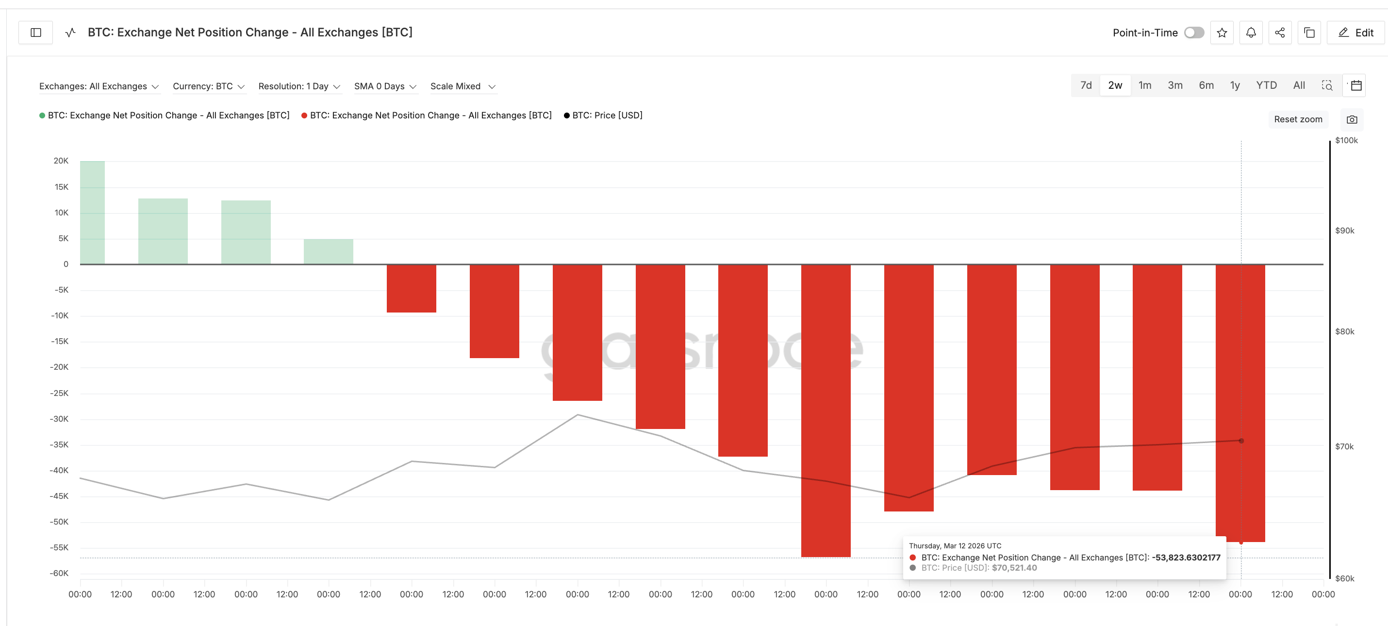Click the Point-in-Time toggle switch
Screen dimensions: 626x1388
point(1194,33)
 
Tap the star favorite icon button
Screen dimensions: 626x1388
point(1222,33)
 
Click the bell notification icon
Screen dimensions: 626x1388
point(1251,33)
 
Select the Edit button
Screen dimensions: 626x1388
point(1355,33)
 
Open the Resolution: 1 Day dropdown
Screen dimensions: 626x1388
point(299,86)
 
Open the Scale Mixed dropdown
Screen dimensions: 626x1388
point(463,86)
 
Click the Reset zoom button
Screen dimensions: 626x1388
point(1297,119)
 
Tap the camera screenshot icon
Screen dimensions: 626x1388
point(1352,119)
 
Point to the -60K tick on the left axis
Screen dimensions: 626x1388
point(60,573)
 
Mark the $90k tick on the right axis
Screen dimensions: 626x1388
point(1344,231)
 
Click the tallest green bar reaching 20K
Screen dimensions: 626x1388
point(92,213)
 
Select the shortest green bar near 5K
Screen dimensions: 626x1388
point(328,251)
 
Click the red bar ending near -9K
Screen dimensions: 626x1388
point(411,288)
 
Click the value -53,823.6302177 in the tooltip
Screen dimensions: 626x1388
point(1186,558)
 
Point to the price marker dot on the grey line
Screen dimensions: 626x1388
point(1241,441)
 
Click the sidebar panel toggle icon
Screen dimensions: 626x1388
point(35,33)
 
